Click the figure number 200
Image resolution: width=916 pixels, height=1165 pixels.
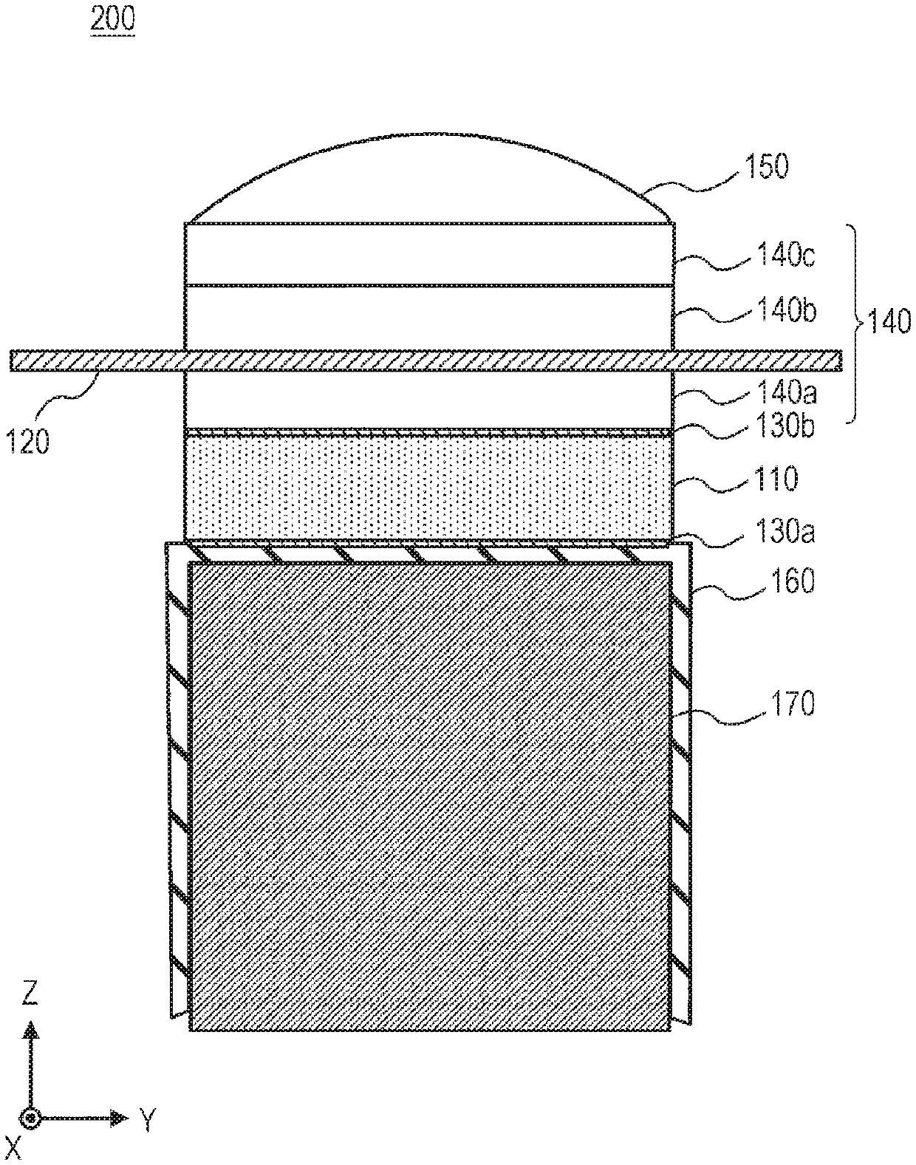click(112, 21)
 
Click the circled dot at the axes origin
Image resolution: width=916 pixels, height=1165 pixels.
click(30, 1118)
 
